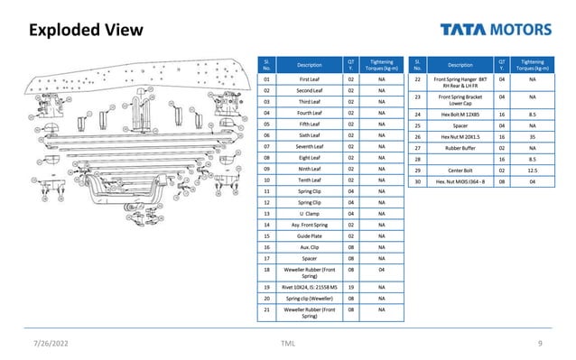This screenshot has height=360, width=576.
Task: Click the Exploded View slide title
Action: coord(87,31)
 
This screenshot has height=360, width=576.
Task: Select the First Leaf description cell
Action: coord(310,79)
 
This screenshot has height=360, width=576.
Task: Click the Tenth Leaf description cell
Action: coord(310,180)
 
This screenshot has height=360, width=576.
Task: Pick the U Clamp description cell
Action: coord(310,213)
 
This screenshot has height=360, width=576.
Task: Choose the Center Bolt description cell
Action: coord(460,170)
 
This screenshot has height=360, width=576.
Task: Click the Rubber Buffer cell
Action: coord(460,147)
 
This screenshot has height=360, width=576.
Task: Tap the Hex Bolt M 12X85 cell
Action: coord(460,115)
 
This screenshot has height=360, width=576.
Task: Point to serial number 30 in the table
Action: coord(418,180)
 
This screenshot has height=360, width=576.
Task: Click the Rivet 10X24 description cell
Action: coord(310,286)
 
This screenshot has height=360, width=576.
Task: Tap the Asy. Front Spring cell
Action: coord(310,224)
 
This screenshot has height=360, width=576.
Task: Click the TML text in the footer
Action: coord(288,344)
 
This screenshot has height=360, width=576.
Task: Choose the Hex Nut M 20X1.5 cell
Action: coord(460,136)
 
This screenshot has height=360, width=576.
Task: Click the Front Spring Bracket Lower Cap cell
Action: coord(460,98)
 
